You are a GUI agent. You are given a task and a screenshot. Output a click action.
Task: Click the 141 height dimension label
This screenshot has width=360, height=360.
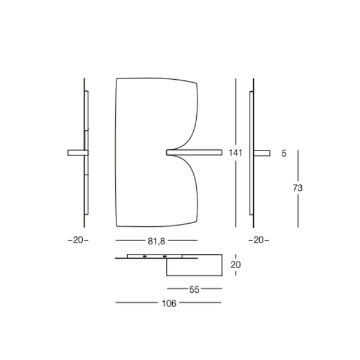(x=235, y=152)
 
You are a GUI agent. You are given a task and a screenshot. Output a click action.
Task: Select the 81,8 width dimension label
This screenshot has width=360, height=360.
(x=157, y=241)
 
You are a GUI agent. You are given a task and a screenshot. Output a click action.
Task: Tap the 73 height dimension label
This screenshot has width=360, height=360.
(x=298, y=188)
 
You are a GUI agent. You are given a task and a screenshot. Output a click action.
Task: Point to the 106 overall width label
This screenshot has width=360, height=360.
(x=169, y=304)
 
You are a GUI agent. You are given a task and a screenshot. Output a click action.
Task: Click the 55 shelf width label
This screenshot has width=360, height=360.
(x=194, y=290)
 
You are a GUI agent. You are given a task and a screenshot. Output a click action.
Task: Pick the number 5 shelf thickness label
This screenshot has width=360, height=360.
(x=284, y=154)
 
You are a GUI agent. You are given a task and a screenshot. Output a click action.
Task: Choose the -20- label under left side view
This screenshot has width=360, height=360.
(x=78, y=240)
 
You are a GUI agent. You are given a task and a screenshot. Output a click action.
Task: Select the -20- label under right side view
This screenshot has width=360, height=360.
(x=259, y=240)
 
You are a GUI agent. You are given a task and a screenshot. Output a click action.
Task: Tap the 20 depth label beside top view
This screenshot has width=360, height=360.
(x=236, y=265)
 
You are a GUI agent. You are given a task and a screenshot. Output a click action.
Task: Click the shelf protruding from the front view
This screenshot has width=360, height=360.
(x=194, y=152)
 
